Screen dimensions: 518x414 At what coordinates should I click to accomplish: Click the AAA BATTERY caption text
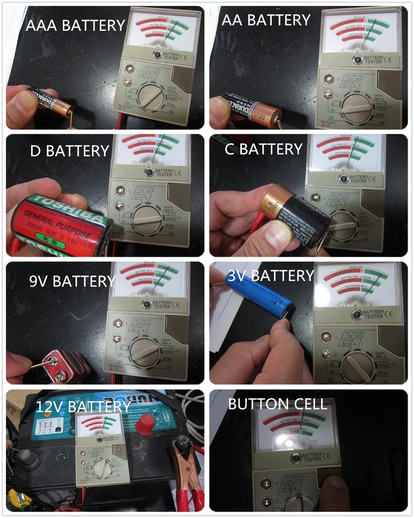point(75,25)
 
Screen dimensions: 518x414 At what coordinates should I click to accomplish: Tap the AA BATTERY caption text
point(266,21)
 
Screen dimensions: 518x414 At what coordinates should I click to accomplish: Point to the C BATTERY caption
point(263,149)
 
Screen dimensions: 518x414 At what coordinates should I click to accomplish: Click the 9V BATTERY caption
point(73,281)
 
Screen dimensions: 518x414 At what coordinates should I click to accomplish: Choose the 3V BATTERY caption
point(271,276)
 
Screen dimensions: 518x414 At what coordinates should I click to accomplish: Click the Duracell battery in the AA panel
point(248,110)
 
